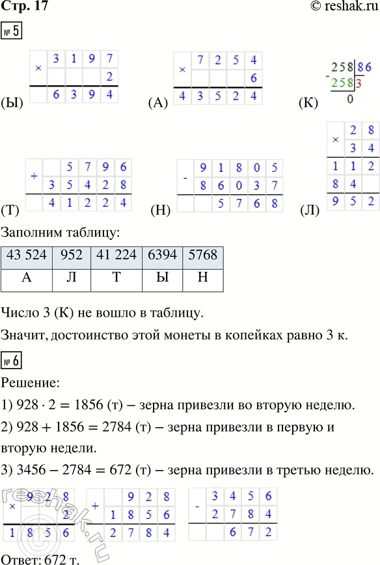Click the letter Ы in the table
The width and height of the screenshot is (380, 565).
tap(160, 276)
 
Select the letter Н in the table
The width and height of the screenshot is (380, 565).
tap(203, 276)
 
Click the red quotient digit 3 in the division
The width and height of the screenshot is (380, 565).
tap(359, 84)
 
